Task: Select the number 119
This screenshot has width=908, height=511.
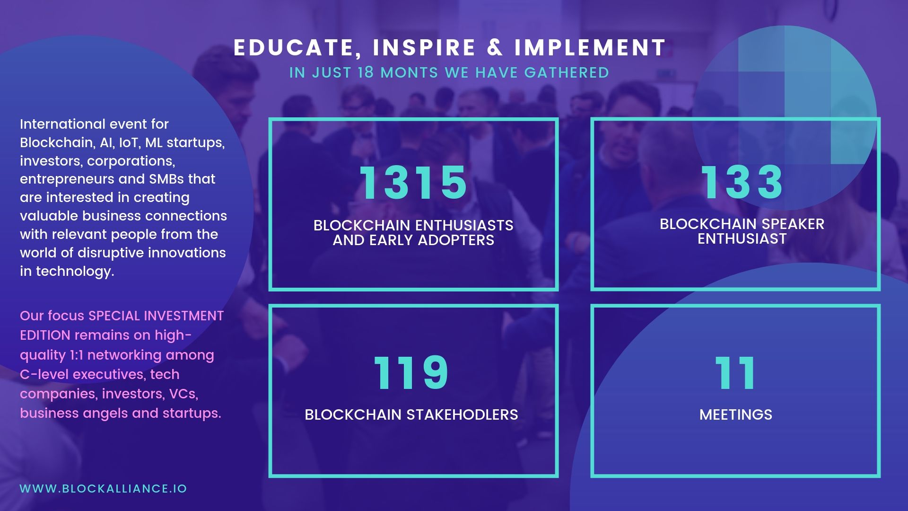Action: (411, 373)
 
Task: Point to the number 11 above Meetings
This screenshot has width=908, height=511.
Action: (735, 373)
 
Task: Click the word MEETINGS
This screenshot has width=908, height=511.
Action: (736, 414)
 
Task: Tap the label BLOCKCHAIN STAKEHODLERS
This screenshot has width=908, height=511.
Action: (411, 414)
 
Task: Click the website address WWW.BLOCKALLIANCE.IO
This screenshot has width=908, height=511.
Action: (104, 489)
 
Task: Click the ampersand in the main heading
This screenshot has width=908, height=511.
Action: (495, 47)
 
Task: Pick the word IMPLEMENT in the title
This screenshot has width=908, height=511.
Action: (590, 47)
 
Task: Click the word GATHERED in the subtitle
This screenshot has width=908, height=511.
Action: (567, 72)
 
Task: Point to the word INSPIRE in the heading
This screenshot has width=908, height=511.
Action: (424, 47)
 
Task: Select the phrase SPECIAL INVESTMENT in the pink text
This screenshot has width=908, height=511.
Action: (156, 316)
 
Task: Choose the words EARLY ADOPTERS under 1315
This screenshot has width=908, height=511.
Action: (432, 240)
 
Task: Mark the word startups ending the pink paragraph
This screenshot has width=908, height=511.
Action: (192, 413)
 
